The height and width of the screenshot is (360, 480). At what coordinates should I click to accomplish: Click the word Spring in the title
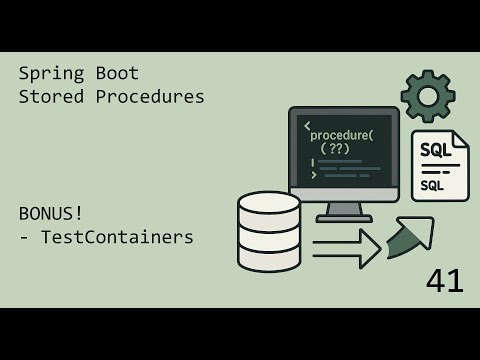pyautogui.click(x=48, y=74)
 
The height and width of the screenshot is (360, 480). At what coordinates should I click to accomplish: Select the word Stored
pyautogui.click(x=48, y=97)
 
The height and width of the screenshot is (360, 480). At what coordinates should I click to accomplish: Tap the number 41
pyautogui.click(x=444, y=281)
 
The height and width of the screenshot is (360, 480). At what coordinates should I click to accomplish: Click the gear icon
pyautogui.click(x=428, y=96)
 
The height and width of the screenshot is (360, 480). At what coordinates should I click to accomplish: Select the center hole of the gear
pyautogui.click(x=428, y=96)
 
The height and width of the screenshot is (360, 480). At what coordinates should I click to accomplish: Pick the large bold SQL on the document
pyautogui.click(x=435, y=151)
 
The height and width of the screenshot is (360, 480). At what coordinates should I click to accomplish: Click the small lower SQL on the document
pyautogui.click(x=433, y=186)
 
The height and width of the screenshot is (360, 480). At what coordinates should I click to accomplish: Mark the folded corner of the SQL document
pyautogui.click(x=460, y=140)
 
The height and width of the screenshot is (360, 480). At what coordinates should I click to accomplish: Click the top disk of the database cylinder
pyautogui.click(x=269, y=205)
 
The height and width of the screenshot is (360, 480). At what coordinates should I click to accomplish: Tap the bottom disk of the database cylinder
pyautogui.click(x=269, y=257)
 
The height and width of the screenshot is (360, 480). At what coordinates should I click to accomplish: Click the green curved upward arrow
pyautogui.click(x=410, y=238)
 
